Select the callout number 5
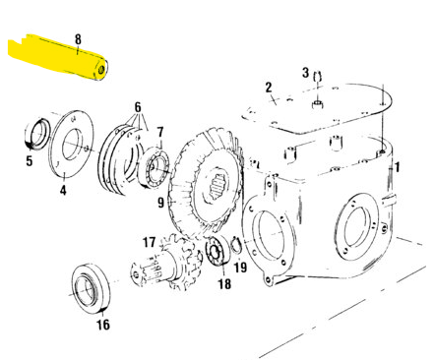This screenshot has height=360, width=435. click(29, 159)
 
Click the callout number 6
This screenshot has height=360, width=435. click(138, 106)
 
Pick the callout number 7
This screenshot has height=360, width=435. click(159, 131)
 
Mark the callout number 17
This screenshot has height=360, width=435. click(149, 241)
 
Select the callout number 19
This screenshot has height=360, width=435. click(240, 267)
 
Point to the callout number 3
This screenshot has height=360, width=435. click(306, 72)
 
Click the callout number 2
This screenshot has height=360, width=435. click(268, 89)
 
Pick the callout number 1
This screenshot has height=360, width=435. click(397, 168)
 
